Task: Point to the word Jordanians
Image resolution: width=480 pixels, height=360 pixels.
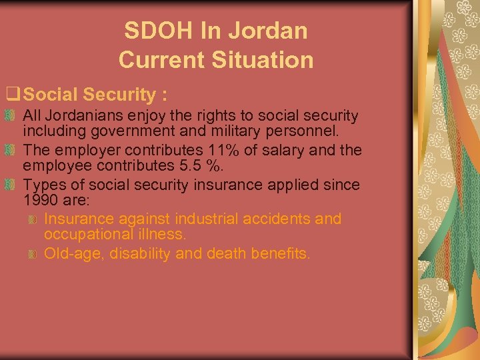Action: click(x=83, y=116)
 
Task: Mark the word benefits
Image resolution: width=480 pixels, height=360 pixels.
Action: click(x=282, y=253)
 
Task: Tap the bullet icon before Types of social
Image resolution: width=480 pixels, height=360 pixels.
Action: click(x=15, y=185)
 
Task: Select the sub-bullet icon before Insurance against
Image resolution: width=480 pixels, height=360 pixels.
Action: click(x=33, y=219)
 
